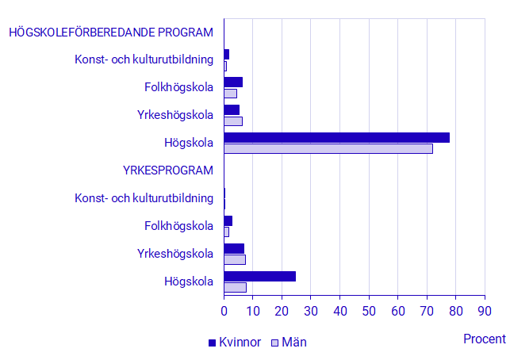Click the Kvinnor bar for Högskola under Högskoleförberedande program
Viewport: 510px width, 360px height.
pyautogui.click(x=336, y=138)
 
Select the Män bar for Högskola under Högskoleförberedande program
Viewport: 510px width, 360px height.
pyautogui.click(x=328, y=148)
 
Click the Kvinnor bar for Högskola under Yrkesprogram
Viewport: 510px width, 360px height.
pyautogui.click(x=259, y=276)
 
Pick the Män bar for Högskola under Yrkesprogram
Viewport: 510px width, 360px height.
pyautogui.click(x=235, y=287)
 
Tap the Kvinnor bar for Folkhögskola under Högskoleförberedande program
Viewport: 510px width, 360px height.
pyautogui.click(x=233, y=82)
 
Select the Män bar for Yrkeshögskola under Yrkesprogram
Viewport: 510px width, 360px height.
pyautogui.click(x=235, y=259)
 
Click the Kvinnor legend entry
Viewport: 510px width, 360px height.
pyautogui.click(x=235, y=343)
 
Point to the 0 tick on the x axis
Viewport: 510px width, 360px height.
pyautogui.click(x=224, y=311)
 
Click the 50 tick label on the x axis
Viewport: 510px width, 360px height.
pyautogui.click(x=369, y=311)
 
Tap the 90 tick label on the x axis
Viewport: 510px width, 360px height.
pyautogui.click(x=485, y=311)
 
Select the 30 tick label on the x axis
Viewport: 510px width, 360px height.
pyautogui.click(x=311, y=311)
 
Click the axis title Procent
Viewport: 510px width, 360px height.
pyautogui.click(x=484, y=339)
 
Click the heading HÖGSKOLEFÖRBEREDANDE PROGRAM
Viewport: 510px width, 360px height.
pyautogui.click(x=111, y=33)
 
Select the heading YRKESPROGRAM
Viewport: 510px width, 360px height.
pyautogui.click(x=168, y=170)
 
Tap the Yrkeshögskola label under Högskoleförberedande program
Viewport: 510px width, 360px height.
pyautogui.click(x=175, y=115)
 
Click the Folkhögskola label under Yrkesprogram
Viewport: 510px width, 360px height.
pyautogui.click(x=179, y=226)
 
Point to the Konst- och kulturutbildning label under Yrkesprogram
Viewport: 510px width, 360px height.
pyautogui.click(x=144, y=198)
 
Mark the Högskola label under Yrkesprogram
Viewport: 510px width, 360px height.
pyautogui.click(x=189, y=281)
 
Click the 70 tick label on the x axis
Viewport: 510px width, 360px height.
pyautogui.click(x=427, y=311)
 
